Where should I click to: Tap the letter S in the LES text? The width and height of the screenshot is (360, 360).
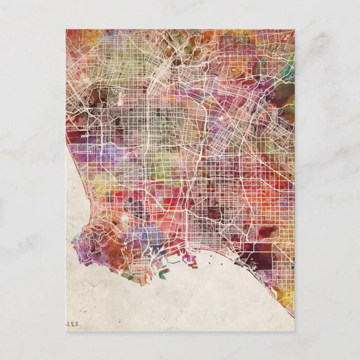[x=78, y=323]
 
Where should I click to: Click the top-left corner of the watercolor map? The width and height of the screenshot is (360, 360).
[x=66, y=30]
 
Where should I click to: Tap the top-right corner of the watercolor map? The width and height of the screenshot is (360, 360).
[x=294, y=30]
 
